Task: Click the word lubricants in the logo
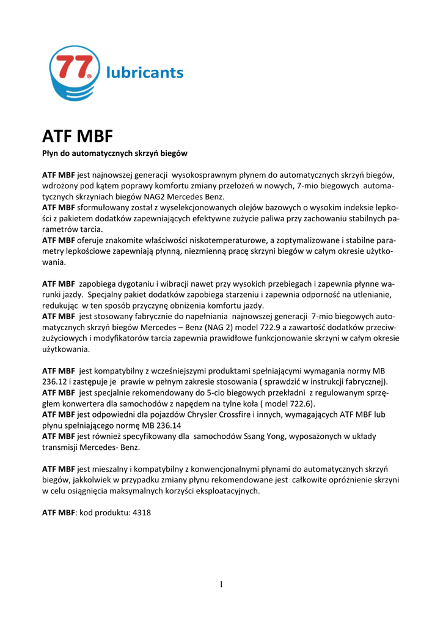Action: (x=144, y=73)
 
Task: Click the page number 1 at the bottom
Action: (x=221, y=584)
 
